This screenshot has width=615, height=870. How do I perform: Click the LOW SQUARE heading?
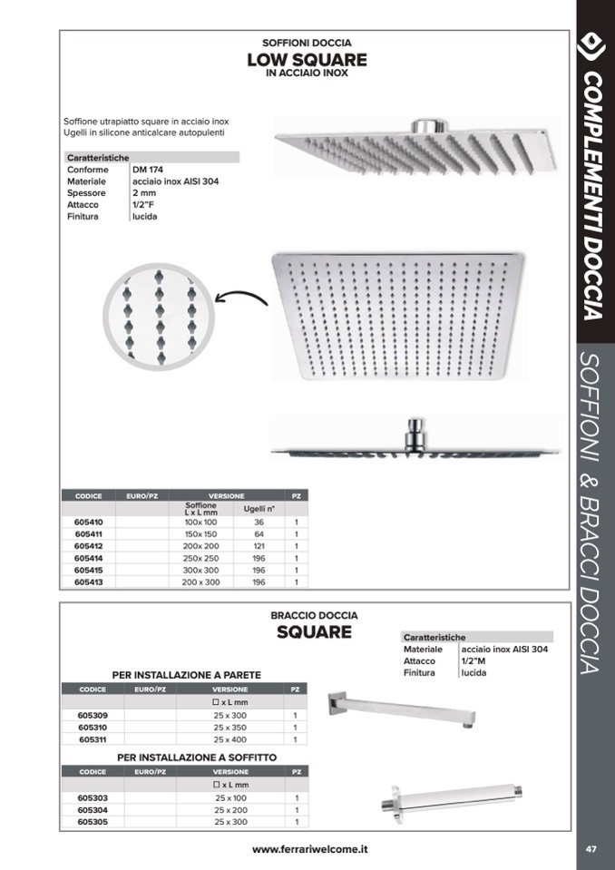307,60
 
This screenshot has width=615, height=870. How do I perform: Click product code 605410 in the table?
88,523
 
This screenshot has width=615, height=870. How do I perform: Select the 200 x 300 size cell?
200,582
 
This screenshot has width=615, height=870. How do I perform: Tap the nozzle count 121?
259,546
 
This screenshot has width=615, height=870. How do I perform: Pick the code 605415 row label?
88,570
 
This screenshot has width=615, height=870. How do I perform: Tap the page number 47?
591,849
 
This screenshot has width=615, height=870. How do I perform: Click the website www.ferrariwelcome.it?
309,849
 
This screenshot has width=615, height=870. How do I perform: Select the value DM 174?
148,170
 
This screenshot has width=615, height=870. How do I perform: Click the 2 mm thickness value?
143,193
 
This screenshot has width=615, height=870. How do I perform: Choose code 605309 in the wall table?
93,715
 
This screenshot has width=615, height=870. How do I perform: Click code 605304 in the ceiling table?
93,809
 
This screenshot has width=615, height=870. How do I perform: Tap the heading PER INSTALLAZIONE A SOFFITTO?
197,757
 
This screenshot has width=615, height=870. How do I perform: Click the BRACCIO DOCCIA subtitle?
314,615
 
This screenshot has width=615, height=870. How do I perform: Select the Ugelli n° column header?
259,509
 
